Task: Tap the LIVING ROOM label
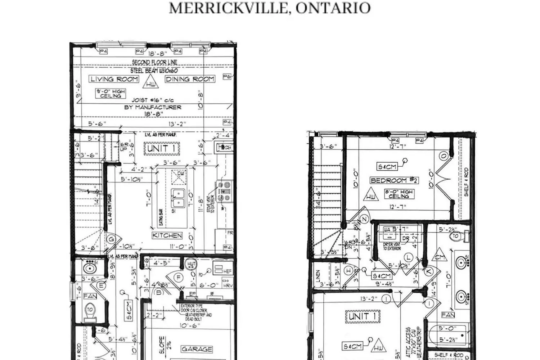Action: click(x=114, y=79)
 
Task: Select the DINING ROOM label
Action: click(x=190, y=79)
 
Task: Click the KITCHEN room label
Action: click(x=167, y=235)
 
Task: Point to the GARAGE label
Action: click(x=197, y=349)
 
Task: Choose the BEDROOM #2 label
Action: click(x=393, y=180)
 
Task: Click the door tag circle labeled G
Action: click(x=111, y=239)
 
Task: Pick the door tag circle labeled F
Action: click(x=177, y=277)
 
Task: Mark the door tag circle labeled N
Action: click(x=364, y=219)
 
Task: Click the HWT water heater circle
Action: click(x=191, y=265)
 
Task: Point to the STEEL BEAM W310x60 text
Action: click(x=154, y=71)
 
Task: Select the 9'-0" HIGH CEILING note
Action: click(x=111, y=94)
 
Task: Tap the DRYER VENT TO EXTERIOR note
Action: click(x=392, y=246)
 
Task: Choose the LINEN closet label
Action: click(x=318, y=276)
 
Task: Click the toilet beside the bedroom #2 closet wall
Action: click(x=458, y=237)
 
